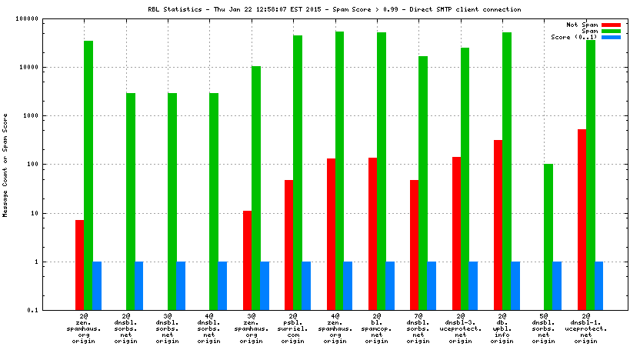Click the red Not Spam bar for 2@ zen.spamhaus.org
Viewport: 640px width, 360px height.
79,265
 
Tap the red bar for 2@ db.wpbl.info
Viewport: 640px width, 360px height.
498,225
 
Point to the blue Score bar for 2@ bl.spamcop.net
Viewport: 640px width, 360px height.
390,285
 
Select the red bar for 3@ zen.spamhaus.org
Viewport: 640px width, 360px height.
247,260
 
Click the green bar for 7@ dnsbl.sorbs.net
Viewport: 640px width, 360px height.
423,183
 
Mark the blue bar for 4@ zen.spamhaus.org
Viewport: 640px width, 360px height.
348,285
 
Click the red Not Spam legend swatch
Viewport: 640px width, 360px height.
611,25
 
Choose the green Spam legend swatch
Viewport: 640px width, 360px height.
611,31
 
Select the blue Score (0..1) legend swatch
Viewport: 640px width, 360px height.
611,37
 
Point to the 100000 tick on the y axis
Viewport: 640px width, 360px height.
49,18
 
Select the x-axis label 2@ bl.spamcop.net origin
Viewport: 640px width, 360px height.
377,329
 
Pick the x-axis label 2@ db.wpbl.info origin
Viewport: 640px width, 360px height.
502,329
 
